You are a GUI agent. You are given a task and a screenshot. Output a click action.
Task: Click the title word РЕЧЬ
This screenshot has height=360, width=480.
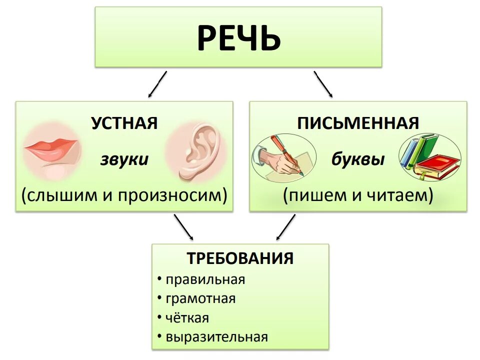tap(238, 38)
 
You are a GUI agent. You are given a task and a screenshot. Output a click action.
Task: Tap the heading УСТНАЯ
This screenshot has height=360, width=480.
tap(124, 123)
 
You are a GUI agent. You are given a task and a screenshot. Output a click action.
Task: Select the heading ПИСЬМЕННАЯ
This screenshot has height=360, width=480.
tap(358, 123)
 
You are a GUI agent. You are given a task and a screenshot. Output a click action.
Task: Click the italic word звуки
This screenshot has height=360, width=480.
tap(124, 159)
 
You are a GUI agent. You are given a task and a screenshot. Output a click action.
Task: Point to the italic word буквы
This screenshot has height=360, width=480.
tap(358, 160)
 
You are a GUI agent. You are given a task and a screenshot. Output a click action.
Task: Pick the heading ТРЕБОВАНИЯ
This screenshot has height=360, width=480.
tap(240, 258)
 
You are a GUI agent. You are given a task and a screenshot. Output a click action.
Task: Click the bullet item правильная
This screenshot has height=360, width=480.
tap(205, 279)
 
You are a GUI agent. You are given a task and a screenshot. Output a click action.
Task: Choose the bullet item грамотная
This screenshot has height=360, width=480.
tap(200, 298)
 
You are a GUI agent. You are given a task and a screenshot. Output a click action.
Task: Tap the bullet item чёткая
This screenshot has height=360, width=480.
tap(187, 317)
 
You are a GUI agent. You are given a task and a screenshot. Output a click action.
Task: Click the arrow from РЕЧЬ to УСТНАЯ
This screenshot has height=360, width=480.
tap(157, 83)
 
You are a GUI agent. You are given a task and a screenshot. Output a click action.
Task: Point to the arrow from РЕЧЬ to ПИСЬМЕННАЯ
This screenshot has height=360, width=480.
tap(323, 83)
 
